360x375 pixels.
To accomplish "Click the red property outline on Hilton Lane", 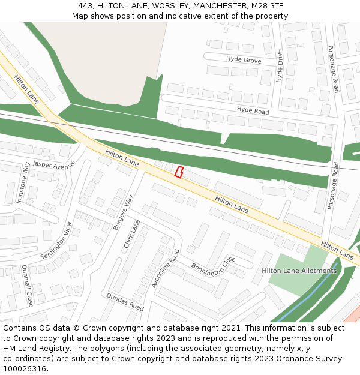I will coord(178,172).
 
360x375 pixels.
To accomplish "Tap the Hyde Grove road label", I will coord(244,59).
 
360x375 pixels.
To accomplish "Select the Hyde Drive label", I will coord(280,66).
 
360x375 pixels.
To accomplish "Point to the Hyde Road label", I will coord(253,110).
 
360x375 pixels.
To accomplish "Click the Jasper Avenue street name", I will coord(54,164).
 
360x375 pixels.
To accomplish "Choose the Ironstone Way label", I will coord(22,183).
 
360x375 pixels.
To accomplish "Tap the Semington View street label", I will coord(56,241).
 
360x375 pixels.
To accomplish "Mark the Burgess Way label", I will coord(123,212).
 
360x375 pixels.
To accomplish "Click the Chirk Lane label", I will coord(131,234).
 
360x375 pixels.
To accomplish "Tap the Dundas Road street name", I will coord(125,302).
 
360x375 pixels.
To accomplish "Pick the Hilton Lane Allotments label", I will coord(299,271).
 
